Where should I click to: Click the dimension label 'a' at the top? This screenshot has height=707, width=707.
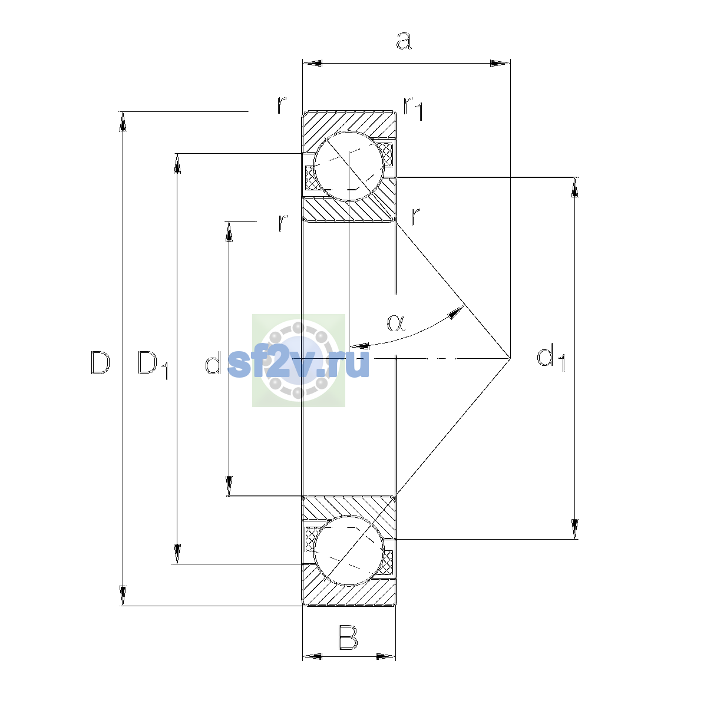(404, 41)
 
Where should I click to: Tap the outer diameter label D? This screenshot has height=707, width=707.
(100, 362)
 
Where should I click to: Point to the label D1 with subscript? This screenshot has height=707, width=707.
(153, 365)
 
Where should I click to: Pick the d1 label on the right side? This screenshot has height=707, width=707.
(551, 358)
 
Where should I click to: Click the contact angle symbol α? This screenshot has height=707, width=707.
(397, 323)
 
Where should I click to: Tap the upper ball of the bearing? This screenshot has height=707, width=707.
(349, 166)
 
